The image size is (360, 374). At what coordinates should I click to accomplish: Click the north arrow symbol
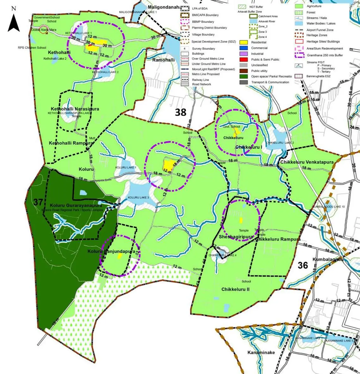point(14,22)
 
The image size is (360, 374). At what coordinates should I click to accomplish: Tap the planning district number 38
point(181,112)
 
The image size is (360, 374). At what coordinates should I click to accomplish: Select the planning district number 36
point(303,265)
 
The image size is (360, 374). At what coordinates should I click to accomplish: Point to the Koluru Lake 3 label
point(138,198)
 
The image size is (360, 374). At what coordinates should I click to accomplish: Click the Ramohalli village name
point(163,60)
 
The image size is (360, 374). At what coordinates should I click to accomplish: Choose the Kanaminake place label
point(261,352)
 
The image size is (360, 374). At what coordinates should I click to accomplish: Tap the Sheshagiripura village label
point(236,237)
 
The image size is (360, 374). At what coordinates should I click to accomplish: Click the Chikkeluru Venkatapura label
point(307,162)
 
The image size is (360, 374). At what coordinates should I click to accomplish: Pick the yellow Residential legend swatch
point(243,42)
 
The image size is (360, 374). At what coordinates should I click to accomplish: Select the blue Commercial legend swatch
point(243,48)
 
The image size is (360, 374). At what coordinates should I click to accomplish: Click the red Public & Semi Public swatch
point(243,59)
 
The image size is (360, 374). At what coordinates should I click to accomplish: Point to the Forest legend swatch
point(299,12)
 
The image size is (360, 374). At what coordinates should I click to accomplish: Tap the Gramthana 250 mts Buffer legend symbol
point(299,55)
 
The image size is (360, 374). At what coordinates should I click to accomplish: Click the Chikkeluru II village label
point(235,289)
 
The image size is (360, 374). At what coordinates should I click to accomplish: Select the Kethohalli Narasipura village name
point(75,109)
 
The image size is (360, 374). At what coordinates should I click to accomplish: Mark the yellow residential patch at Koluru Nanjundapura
point(120,256)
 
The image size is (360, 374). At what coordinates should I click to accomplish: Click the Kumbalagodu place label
point(328,260)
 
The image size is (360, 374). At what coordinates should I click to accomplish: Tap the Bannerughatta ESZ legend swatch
point(299,76)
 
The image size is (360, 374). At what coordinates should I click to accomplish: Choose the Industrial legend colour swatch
point(243,54)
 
